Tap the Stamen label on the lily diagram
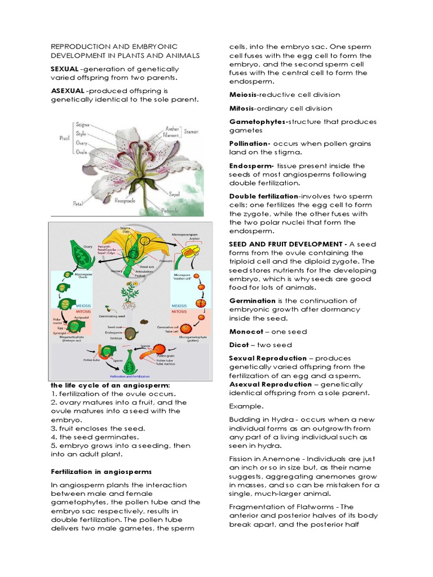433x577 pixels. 191,131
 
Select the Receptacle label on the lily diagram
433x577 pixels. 126,199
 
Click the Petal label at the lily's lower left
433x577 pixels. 78,202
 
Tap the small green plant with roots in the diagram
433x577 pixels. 131,293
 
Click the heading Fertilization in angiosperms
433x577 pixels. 91,471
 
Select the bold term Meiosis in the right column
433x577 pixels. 243,95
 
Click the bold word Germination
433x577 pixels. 252,301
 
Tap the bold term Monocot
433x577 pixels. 246,331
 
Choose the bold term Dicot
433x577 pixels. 239,345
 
